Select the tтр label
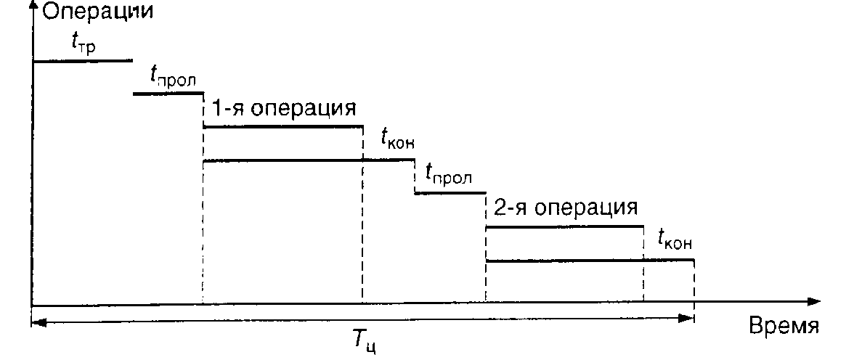click(x=84, y=45)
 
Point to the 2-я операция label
click(x=565, y=208)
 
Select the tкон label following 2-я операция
click(x=675, y=240)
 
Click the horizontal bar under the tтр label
click(x=83, y=61)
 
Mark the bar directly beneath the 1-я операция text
click(x=283, y=127)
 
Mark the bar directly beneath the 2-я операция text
click(x=565, y=227)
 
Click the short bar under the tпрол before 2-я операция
click(x=450, y=193)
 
